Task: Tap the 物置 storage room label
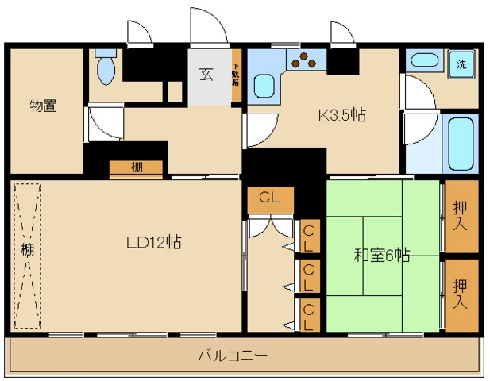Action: pyautogui.click(x=44, y=106)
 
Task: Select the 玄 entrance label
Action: pyautogui.click(x=206, y=75)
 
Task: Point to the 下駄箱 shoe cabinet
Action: pyautogui.click(x=236, y=75)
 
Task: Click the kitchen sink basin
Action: pyautogui.click(x=264, y=86)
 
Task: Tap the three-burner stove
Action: pyautogui.click(x=303, y=60)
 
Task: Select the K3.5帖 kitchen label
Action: pyautogui.click(x=342, y=115)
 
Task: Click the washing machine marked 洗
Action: pyautogui.click(x=461, y=64)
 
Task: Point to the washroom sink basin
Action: pyautogui.click(x=424, y=60)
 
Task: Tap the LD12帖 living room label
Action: pyautogui.click(x=154, y=242)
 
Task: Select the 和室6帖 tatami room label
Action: pyautogui.click(x=382, y=255)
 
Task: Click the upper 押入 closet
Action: pyautogui.click(x=461, y=216)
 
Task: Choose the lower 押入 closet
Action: pyautogui.click(x=461, y=295)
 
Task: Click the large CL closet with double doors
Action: pyautogui.click(x=271, y=200)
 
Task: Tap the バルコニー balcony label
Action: pyautogui.click(x=233, y=356)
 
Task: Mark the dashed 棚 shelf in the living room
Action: pyautogui.click(x=28, y=256)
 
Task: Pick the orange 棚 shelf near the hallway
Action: pyautogui.click(x=136, y=168)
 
